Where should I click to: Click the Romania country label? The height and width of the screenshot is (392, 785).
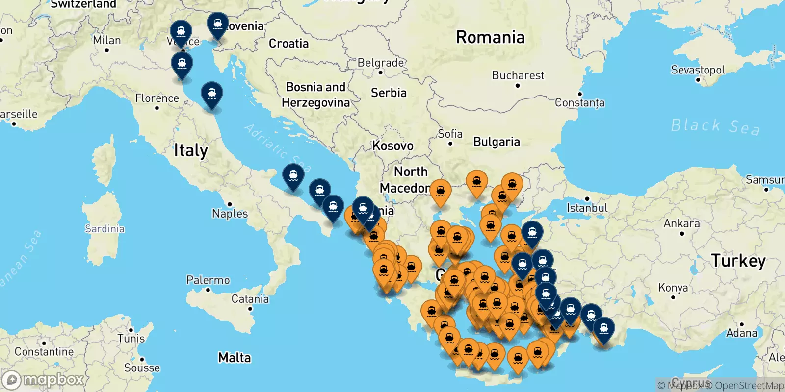pyautogui.click(x=490, y=37)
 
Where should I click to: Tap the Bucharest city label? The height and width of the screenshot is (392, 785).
pyautogui.click(x=518, y=75)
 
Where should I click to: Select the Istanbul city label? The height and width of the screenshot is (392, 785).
pyautogui.click(x=587, y=208)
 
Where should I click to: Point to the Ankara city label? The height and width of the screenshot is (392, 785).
pyautogui.click(x=681, y=223)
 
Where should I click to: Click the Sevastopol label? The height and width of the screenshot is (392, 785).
pyautogui.click(x=698, y=70)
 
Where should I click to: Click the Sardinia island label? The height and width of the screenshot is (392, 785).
pyautogui.click(x=105, y=229)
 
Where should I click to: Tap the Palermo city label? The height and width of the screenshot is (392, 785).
pyautogui.click(x=208, y=280)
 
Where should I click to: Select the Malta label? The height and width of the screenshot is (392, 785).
pyautogui.click(x=235, y=358)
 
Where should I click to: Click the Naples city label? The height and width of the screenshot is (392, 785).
pyautogui.click(x=230, y=214)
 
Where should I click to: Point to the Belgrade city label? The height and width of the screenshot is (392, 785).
pyautogui.click(x=381, y=63)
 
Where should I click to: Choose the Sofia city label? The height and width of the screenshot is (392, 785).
pyautogui.click(x=450, y=134)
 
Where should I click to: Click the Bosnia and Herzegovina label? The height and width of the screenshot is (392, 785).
pyautogui.click(x=315, y=95)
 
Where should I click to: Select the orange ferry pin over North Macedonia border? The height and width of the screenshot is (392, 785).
pyautogui.click(x=440, y=192)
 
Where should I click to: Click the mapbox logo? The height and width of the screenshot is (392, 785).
pyautogui.click(x=43, y=380)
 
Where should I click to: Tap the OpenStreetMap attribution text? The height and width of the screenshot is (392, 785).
pyautogui.click(x=749, y=386)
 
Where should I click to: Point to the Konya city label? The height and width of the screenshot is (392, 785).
pyautogui.click(x=673, y=288)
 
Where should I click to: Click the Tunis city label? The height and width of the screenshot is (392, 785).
pyautogui.click(x=131, y=339)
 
